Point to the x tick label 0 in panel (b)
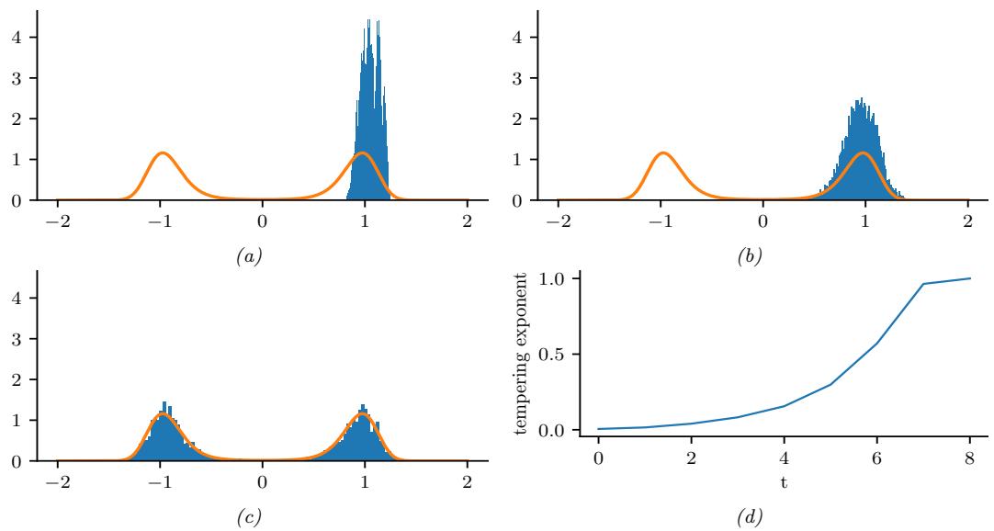click(762, 220)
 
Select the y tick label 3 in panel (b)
click(520, 78)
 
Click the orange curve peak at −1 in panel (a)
click(162, 153)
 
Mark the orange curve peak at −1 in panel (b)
click(661, 153)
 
